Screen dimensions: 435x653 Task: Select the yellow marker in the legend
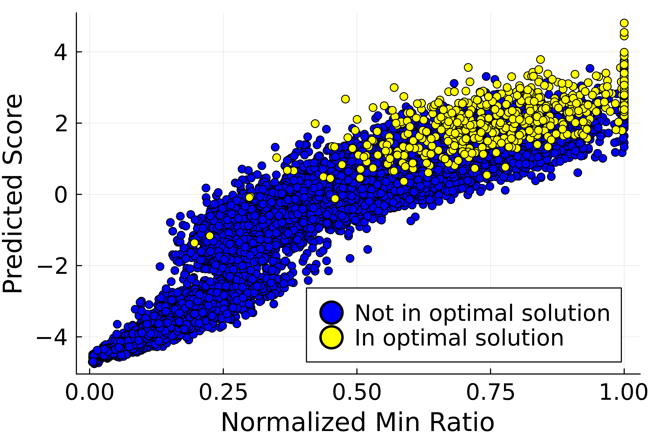(x=332, y=337)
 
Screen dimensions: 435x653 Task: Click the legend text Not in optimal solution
(x=482, y=313)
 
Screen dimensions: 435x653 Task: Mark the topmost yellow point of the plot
(x=624, y=23)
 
